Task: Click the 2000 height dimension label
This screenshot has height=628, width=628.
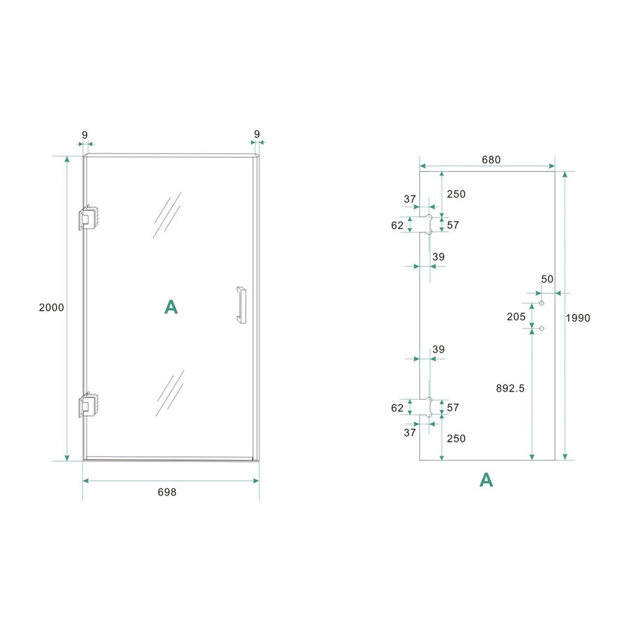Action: (52, 308)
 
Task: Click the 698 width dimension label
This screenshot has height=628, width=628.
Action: (167, 492)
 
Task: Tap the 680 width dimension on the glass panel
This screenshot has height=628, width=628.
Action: (491, 159)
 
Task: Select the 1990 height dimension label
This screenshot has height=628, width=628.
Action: (578, 318)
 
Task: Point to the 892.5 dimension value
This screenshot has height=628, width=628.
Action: (510, 389)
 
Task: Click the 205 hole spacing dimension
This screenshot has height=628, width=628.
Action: (516, 316)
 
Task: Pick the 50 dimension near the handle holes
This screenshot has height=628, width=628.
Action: (547, 279)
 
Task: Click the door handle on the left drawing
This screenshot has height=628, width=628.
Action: (241, 305)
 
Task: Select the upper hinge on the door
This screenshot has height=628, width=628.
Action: (88, 218)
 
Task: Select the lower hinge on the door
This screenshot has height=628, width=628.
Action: (88, 405)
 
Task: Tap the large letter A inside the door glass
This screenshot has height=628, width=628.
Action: (171, 307)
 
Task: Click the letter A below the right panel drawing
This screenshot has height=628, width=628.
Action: (486, 479)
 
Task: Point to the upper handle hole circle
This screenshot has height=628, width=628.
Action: (541, 304)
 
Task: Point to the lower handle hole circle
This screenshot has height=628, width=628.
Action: (541, 328)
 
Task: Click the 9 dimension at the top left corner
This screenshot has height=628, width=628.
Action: (84, 133)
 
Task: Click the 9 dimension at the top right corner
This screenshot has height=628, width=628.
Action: (257, 133)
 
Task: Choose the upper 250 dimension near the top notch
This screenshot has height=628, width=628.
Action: (456, 194)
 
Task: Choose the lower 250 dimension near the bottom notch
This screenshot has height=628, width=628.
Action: (456, 438)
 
